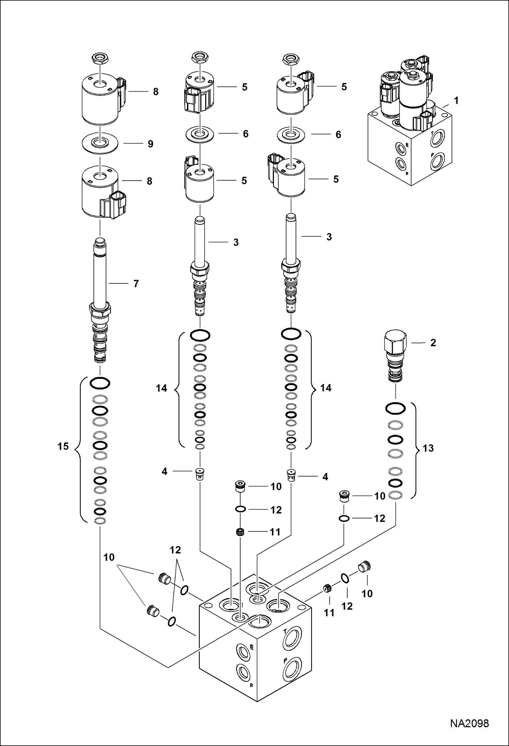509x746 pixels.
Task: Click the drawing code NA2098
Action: (469, 723)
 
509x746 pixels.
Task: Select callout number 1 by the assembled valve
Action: (456, 101)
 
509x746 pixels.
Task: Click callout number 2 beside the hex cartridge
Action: (433, 343)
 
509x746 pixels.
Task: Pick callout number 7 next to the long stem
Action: (136, 284)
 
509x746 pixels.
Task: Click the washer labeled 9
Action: (100, 143)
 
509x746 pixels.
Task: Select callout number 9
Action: (151, 144)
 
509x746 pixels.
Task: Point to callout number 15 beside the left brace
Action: (63, 446)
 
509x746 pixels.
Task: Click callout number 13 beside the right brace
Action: (428, 448)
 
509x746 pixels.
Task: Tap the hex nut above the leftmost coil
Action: (100, 58)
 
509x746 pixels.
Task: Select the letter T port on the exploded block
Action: (292, 638)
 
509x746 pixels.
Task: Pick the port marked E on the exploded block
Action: (244, 652)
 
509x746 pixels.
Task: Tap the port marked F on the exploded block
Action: (244, 672)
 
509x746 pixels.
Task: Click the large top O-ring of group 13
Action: (395, 409)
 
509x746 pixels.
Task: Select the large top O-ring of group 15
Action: (100, 383)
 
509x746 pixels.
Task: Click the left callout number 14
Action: (161, 388)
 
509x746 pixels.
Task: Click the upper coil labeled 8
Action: (100, 99)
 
